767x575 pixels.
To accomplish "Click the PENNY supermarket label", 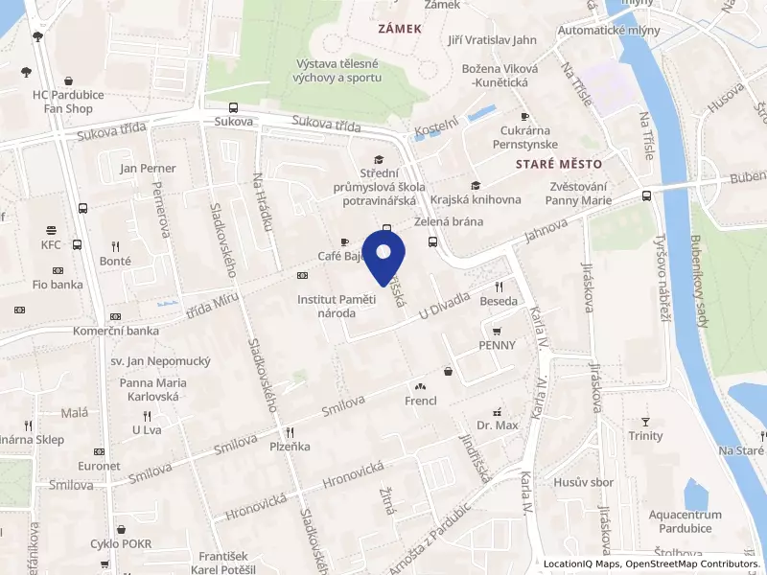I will (498, 345).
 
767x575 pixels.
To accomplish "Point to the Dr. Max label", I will (497, 425).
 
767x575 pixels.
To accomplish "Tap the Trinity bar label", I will (645, 436).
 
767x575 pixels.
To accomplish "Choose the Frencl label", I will (421, 401).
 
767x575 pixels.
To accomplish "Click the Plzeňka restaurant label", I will (289, 447).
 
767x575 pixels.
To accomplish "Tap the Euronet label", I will (100, 466).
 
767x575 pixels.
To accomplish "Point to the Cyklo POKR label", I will (121, 544).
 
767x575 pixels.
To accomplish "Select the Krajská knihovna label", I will (476, 199).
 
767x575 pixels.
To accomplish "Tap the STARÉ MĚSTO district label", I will (553, 165).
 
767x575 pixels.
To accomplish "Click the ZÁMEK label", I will (400, 29).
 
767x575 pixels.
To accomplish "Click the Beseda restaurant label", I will (498, 301).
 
